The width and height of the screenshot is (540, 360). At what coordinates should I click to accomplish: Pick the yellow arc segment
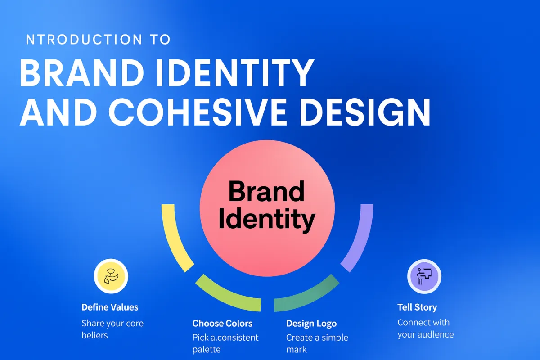point(176,238)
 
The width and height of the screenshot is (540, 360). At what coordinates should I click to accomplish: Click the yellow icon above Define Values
point(111,276)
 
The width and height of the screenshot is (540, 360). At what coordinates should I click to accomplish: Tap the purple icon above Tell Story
point(424,276)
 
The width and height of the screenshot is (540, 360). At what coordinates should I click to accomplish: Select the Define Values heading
point(110,307)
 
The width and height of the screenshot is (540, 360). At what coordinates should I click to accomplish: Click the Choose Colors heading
point(222,324)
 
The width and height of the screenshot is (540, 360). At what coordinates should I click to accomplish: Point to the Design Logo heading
point(311,324)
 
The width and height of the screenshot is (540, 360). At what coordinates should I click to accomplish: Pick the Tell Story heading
point(417,307)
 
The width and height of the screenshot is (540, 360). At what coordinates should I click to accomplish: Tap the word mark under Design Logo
point(297,350)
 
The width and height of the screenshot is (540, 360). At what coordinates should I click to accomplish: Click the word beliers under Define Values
point(95,335)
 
